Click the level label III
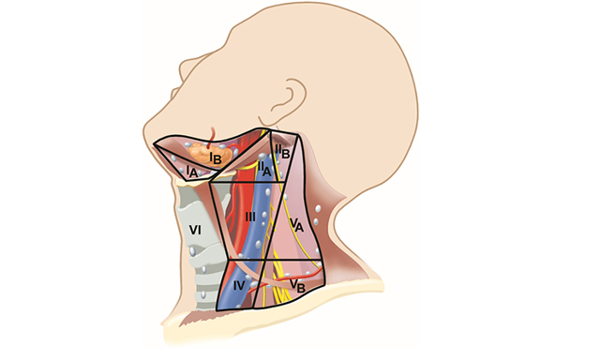[x=250, y=217]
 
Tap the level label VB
[x=294, y=283]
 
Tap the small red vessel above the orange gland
[x=217, y=133]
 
